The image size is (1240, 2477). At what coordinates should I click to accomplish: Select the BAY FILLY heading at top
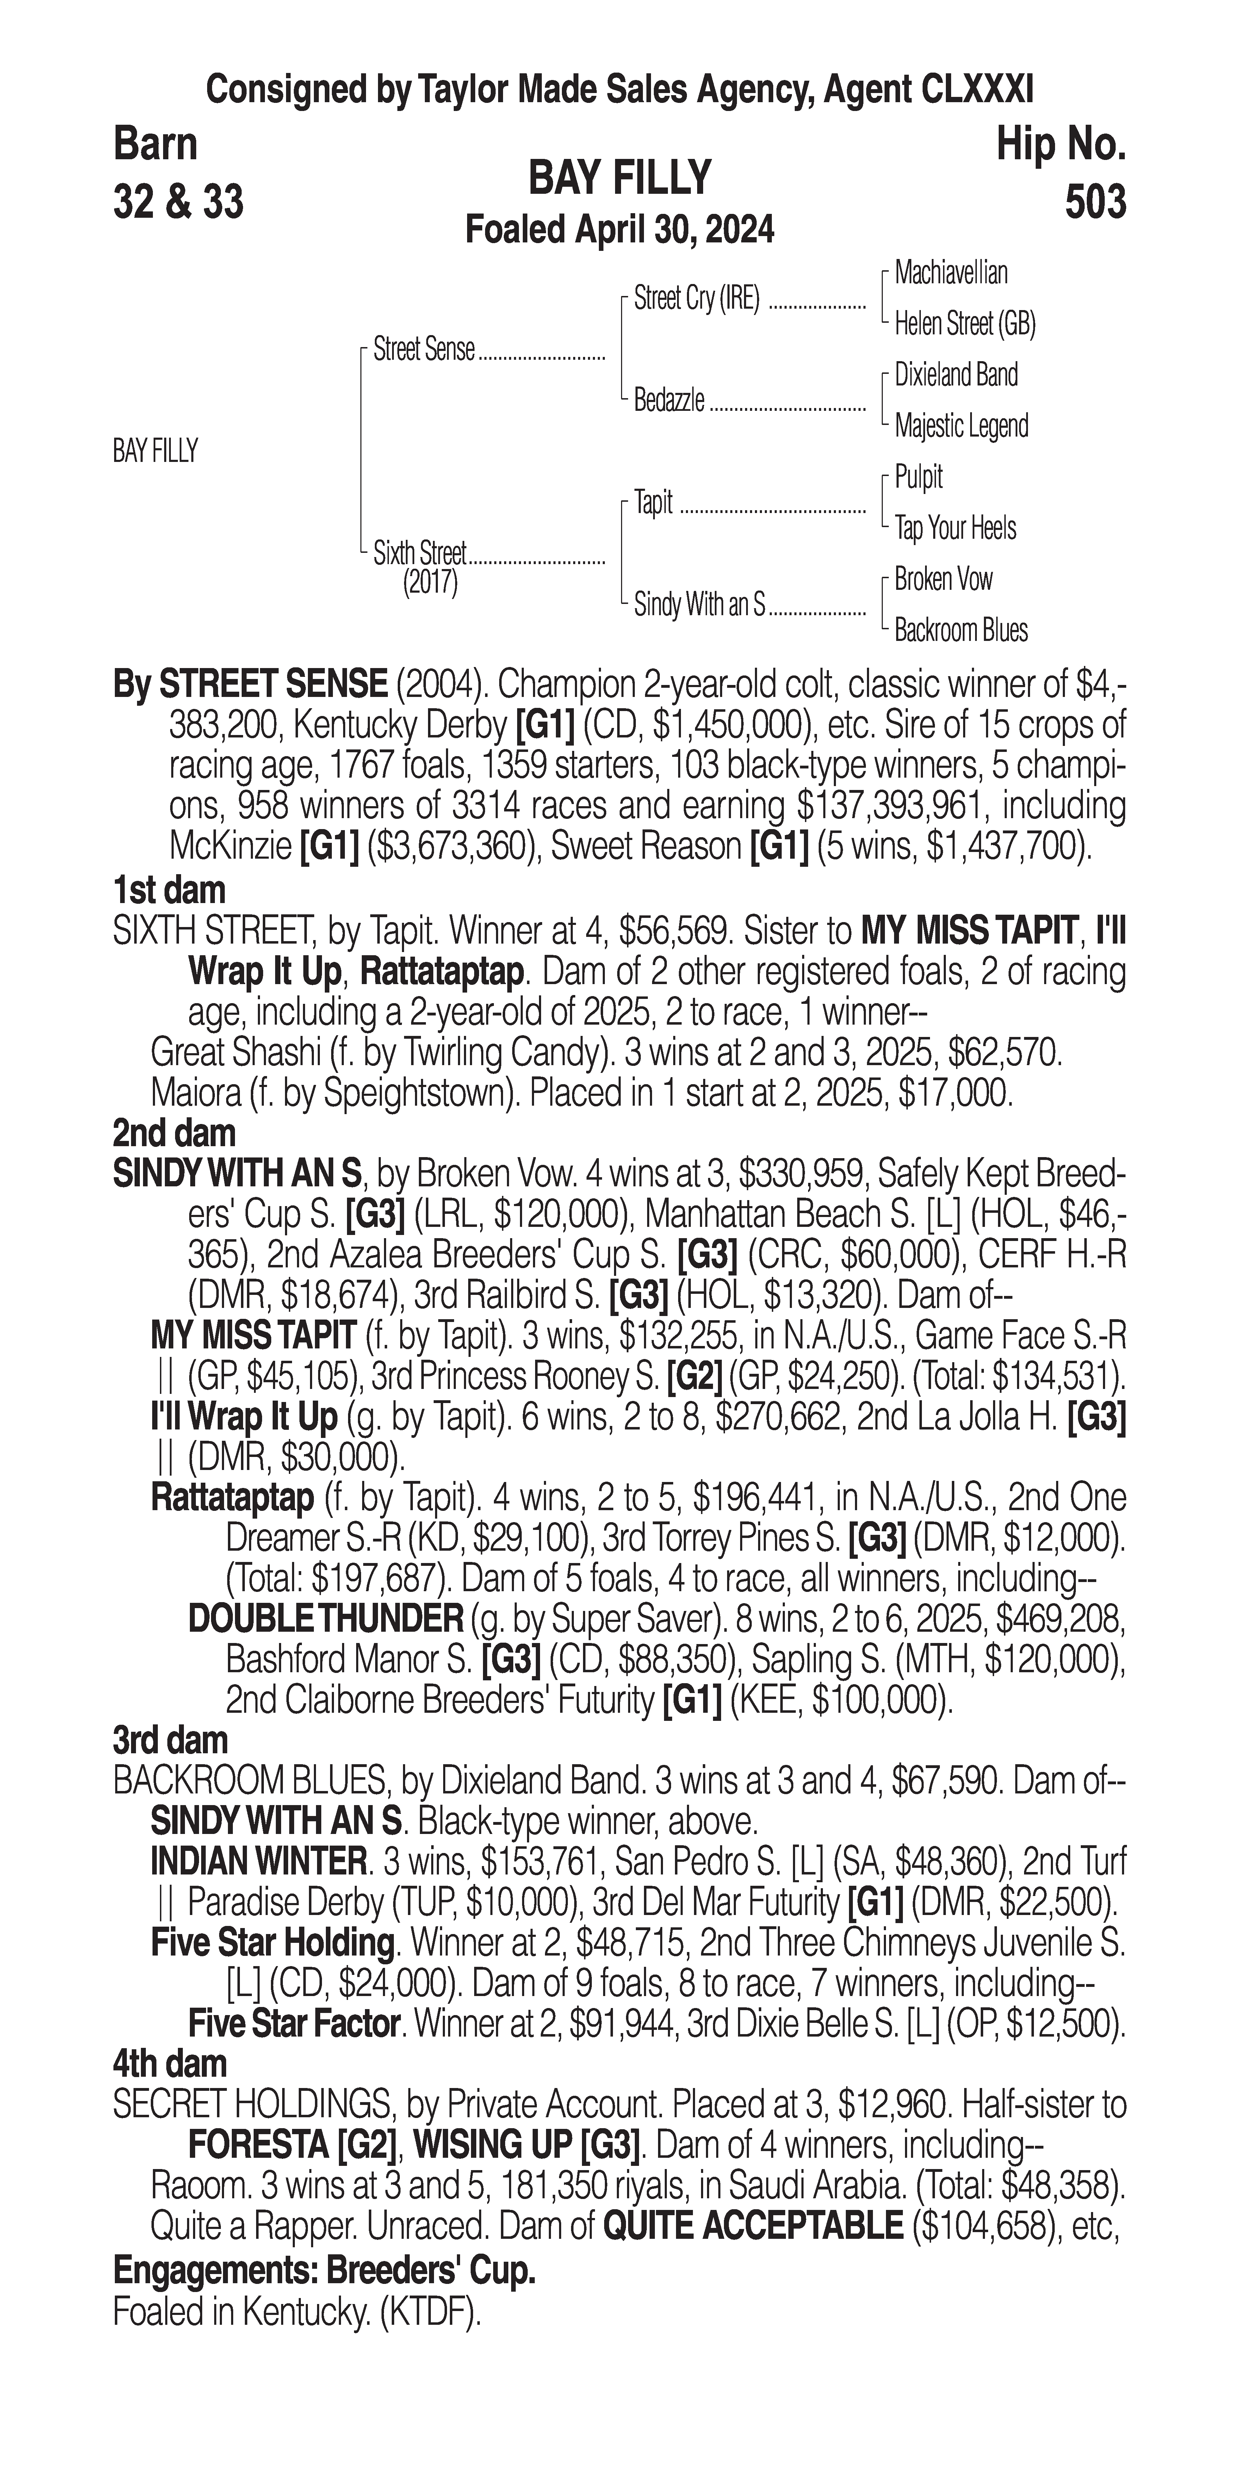point(620,178)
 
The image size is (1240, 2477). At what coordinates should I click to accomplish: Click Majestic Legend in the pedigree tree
point(961,426)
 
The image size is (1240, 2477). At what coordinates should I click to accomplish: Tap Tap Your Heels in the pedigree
point(955,528)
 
